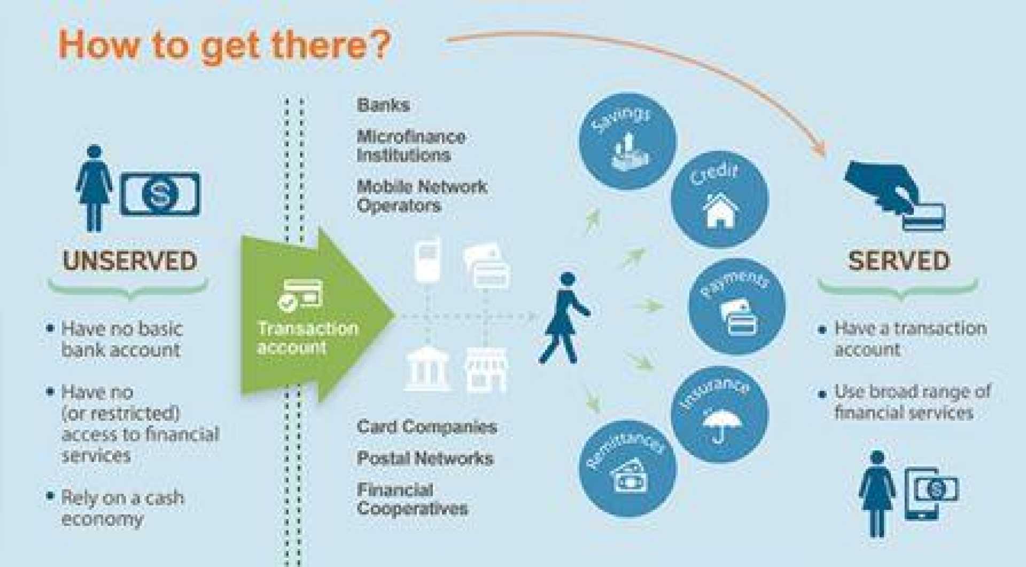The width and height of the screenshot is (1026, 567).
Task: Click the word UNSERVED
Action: tap(130, 261)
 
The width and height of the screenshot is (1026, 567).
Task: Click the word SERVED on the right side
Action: tap(899, 261)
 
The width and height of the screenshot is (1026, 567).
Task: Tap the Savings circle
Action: tap(627, 141)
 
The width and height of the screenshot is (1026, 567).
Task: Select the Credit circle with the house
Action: tap(720, 200)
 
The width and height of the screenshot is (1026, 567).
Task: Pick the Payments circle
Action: tap(737, 306)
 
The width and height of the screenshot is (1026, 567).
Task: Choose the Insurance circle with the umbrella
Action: tap(720, 414)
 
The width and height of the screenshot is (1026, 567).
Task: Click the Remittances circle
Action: tap(627, 468)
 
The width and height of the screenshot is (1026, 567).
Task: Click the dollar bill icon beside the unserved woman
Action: tap(160, 194)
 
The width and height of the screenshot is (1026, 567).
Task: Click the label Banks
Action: tap(383, 105)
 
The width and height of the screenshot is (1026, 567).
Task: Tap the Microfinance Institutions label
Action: tap(411, 146)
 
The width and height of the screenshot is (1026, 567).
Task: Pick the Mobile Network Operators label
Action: tap(422, 196)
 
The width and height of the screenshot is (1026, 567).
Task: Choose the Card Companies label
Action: tap(427, 427)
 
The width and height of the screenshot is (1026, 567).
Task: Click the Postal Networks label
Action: tap(425, 458)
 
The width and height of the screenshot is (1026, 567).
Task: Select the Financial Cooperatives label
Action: tap(412, 499)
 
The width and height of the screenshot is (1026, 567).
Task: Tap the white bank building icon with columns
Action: tap(427, 368)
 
